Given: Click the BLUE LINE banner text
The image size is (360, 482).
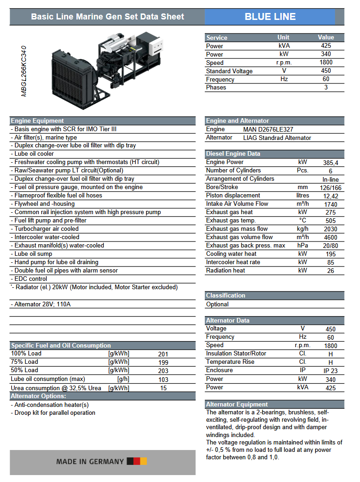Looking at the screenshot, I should point(270,17).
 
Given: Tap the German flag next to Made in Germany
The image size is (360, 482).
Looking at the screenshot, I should point(137,461).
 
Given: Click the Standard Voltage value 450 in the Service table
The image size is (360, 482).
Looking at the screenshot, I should point(326,71).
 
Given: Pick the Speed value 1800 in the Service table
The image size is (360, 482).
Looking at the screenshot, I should point(326,63).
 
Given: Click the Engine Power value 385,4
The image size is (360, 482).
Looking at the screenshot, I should point(330,163).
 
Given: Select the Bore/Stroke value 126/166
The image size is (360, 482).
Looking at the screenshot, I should point(330,188).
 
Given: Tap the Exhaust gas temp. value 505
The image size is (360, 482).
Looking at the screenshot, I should point(330,221).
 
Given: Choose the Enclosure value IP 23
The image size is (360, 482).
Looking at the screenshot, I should point(330,371).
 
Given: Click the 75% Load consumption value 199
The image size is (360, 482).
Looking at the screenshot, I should point(163,362).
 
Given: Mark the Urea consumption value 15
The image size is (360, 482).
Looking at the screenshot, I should point(163,388).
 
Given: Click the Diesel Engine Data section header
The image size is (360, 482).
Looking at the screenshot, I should point(233,154).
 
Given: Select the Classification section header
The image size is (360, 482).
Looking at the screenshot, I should point(226,296).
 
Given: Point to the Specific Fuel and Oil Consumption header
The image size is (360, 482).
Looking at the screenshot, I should point(61,346).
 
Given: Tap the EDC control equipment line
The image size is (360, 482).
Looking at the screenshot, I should point(31,279).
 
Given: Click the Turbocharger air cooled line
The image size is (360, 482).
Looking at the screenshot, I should point(46,229).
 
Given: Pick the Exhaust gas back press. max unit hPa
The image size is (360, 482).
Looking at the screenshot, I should point(303,246).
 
